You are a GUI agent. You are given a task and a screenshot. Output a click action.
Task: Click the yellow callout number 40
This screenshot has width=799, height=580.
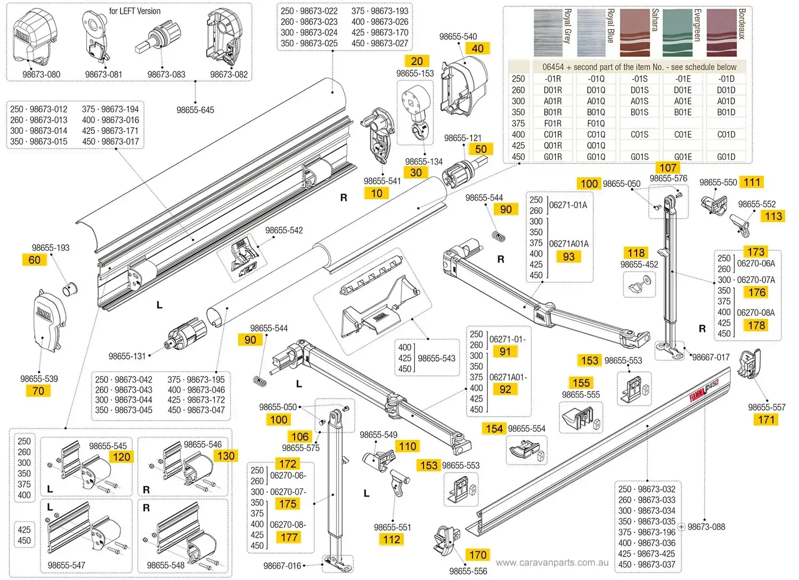pos(478,48)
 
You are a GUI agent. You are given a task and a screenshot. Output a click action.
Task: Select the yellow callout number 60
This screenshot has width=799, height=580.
pos(35,260)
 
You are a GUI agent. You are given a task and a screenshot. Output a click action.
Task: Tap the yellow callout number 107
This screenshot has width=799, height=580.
pos(668,168)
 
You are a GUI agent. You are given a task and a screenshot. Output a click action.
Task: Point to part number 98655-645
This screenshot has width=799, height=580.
pos(195,110)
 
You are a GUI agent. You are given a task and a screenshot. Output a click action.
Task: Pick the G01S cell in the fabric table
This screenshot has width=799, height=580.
pos(639,157)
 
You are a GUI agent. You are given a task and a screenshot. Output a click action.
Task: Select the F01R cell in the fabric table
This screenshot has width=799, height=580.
pos(552,123)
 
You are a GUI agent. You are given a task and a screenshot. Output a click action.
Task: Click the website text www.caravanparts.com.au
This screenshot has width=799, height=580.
pos(552,562)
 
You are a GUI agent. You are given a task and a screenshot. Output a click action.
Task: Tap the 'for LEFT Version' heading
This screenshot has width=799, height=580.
pos(135,11)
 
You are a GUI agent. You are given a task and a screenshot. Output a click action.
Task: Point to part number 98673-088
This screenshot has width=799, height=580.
pos(706,527)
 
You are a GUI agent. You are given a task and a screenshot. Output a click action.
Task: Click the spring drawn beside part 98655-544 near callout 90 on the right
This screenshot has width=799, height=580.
pos(498,236)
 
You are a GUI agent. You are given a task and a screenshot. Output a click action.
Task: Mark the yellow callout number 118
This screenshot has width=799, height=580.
pos(636,252)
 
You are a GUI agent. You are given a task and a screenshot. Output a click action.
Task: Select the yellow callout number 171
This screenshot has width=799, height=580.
pos(766,419)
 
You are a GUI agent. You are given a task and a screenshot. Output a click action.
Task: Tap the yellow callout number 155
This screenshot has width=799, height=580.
pos(581,382)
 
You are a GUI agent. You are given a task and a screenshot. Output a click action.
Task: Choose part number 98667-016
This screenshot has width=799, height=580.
pos(282,566)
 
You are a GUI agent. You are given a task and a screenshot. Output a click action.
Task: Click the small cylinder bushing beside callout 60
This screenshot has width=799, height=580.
pos(70,289)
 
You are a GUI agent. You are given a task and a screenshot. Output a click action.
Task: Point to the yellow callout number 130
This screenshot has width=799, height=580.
pos(226,456)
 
